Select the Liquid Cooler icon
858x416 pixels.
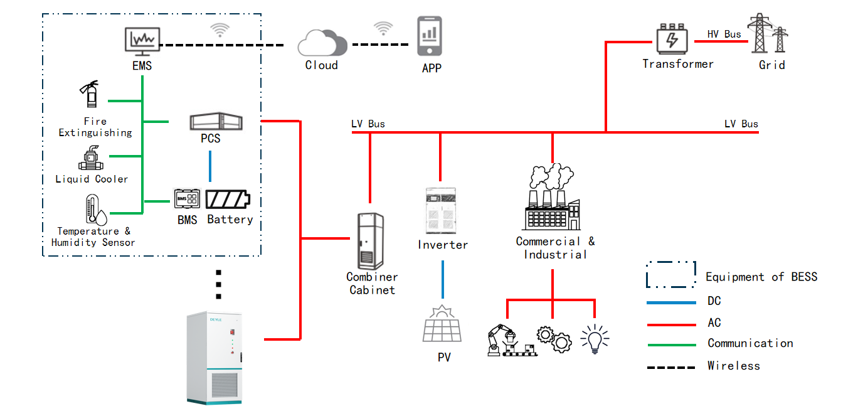(x=92, y=158)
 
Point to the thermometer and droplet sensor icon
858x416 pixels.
(x=93, y=210)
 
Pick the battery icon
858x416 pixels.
(x=228, y=200)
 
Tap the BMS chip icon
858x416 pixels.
(x=187, y=199)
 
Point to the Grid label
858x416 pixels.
(x=771, y=65)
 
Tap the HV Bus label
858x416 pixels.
(x=724, y=35)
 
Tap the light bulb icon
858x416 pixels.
(x=594, y=339)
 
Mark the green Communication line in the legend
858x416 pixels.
(x=671, y=344)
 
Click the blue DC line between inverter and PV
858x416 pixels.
(x=443, y=279)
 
